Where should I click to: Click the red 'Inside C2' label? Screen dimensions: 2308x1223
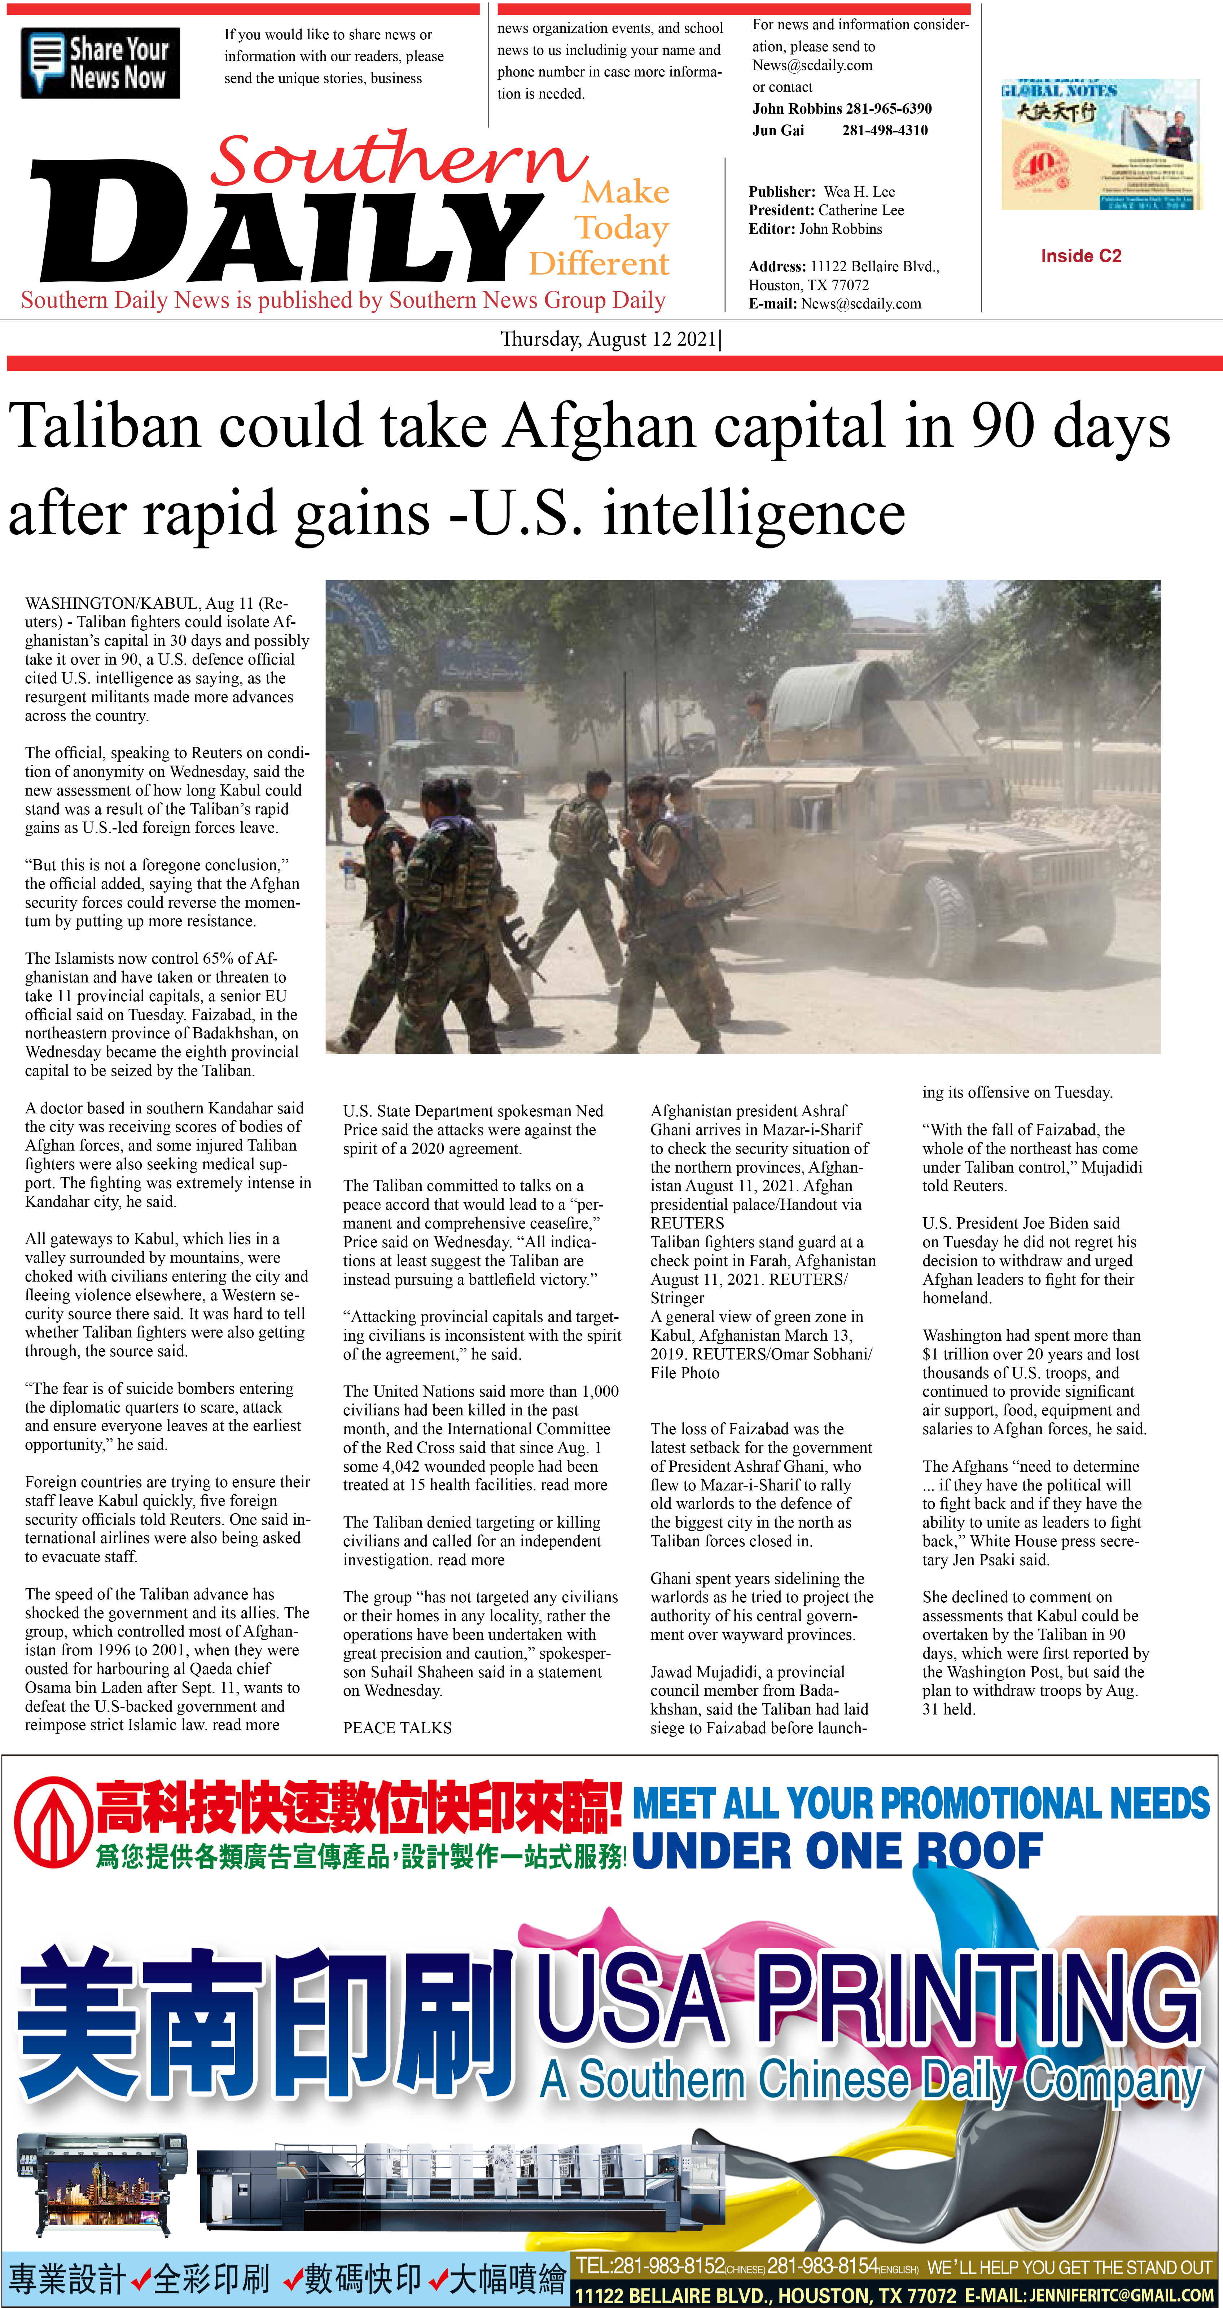pyautogui.click(x=1080, y=256)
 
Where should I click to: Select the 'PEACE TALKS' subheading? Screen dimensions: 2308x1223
pyautogui.click(x=397, y=1727)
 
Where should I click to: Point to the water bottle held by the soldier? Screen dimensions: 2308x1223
pyautogui.click(x=349, y=870)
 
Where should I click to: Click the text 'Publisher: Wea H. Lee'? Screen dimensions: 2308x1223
pyautogui.click(x=821, y=192)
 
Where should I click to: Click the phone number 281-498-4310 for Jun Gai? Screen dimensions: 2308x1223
pyautogui.click(x=884, y=130)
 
